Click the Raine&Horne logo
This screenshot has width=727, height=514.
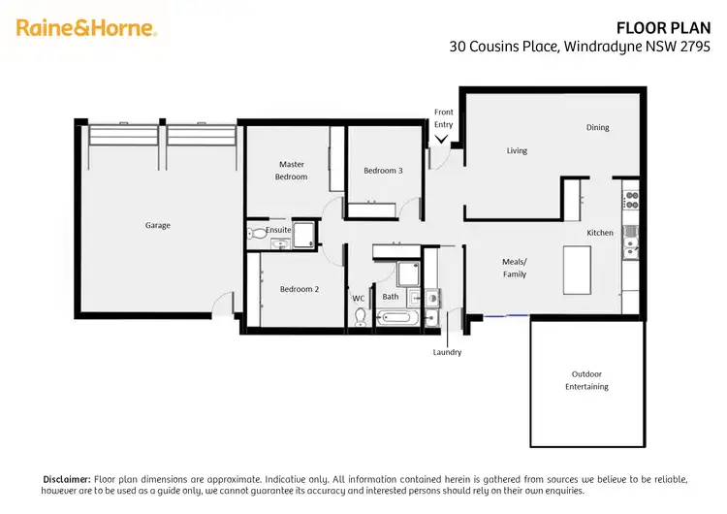(86, 28)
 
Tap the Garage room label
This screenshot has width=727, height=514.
(158, 225)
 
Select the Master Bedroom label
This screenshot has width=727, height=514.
(292, 171)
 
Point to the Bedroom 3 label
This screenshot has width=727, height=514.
(383, 171)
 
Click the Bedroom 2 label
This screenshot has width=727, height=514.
(300, 289)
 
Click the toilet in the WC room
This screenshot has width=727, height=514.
(362, 316)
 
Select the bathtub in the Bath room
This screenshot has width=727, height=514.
(398, 316)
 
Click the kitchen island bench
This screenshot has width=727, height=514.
(579, 270)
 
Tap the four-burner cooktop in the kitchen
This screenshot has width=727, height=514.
(631, 201)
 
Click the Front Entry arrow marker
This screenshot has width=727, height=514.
(442, 139)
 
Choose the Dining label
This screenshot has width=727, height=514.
(597, 127)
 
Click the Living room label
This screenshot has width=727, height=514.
(517, 150)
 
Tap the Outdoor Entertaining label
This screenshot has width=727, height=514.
(586, 380)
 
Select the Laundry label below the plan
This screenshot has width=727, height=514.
(447, 352)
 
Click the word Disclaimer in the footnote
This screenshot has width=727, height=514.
(67, 479)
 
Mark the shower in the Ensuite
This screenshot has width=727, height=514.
(304, 234)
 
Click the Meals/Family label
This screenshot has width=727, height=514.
(514, 268)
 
